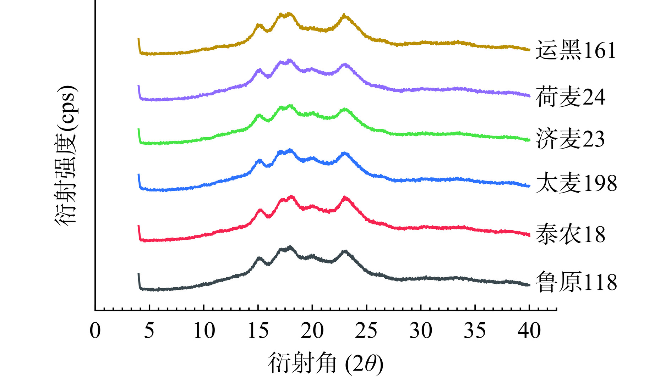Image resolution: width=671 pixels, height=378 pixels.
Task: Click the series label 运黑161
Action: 575,50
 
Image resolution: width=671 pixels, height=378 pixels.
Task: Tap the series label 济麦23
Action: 570,139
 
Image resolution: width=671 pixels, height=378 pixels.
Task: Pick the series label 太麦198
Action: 576,183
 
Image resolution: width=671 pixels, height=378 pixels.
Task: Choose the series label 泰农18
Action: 570,234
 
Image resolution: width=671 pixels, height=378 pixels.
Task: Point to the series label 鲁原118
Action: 576,282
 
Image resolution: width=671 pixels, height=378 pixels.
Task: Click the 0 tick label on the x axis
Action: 95,330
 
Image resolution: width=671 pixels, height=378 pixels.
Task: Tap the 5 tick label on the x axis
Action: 149,330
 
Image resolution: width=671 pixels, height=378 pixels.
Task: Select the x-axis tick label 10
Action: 204,330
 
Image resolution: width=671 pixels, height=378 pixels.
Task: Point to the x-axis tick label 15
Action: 258,330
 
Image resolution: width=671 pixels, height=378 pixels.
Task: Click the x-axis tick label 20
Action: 312,330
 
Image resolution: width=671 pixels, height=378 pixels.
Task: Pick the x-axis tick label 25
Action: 366,330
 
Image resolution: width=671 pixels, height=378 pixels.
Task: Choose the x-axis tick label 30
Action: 421,330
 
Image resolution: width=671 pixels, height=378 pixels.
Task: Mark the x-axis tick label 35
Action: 475,330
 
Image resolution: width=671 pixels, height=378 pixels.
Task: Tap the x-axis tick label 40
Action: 529,330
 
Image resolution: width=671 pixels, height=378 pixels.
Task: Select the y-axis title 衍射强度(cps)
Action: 66,155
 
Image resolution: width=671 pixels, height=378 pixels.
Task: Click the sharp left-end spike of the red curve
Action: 138,227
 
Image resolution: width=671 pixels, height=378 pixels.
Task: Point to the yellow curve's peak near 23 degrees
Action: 344,16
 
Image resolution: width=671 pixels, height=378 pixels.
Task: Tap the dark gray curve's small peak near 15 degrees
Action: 259,258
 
